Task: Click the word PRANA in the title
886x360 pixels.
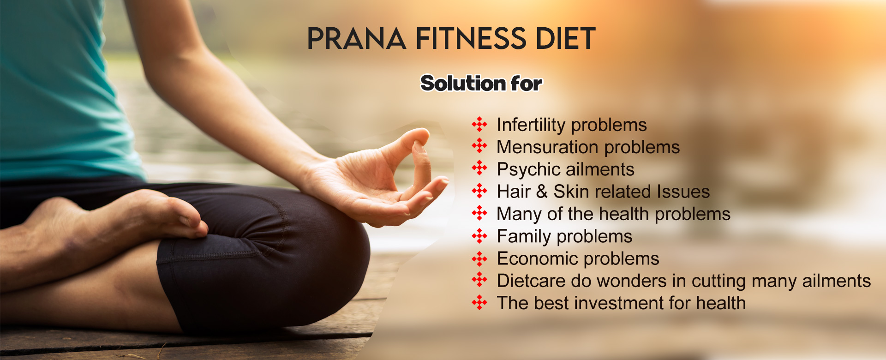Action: click(356, 38)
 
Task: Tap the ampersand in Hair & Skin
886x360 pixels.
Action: click(542, 192)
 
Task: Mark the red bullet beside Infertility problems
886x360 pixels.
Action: click(479, 124)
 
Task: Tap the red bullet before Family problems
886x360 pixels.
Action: click(479, 236)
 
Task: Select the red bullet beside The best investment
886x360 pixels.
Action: click(479, 302)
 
